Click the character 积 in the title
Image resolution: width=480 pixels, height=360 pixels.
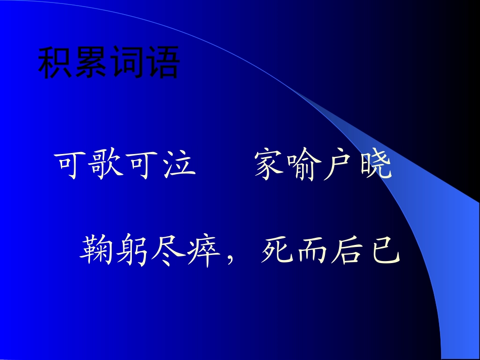tap(56, 64)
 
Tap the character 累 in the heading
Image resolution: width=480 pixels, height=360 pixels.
tap(91, 64)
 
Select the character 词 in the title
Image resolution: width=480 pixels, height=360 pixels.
tap(126, 64)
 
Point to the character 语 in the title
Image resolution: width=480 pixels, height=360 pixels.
tap(162, 64)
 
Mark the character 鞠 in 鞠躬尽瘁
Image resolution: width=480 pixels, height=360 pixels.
tap(97, 250)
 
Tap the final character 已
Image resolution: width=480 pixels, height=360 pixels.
tap(385, 250)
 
